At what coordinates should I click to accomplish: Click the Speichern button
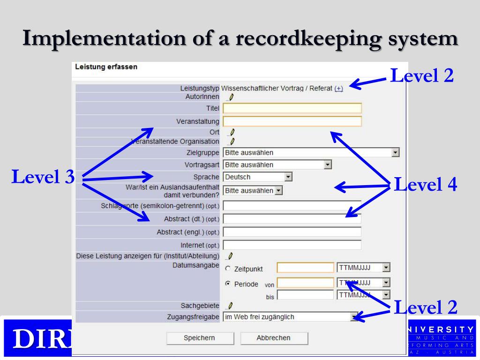[200, 338]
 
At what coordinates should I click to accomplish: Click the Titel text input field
[292, 109]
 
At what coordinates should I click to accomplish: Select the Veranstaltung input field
[292, 122]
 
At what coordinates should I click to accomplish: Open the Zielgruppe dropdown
[311, 152]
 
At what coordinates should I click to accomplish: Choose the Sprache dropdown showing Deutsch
[258, 177]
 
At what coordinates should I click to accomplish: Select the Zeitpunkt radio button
[228, 269]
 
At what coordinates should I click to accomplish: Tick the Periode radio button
[228, 284]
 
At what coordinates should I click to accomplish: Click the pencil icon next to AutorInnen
[231, 97]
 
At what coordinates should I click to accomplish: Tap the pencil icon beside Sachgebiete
[230, 306]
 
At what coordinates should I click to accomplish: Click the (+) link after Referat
[338, 88]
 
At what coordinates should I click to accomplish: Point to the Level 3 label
[43, 177]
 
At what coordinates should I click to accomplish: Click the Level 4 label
[425, 184]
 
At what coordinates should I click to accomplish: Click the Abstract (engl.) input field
[292, 232]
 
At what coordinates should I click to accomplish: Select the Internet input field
[292, 245]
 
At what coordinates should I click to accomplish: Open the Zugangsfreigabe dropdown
[291, 317]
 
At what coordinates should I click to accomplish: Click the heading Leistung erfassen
[106, 67]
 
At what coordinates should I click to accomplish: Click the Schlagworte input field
[292, 205]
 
